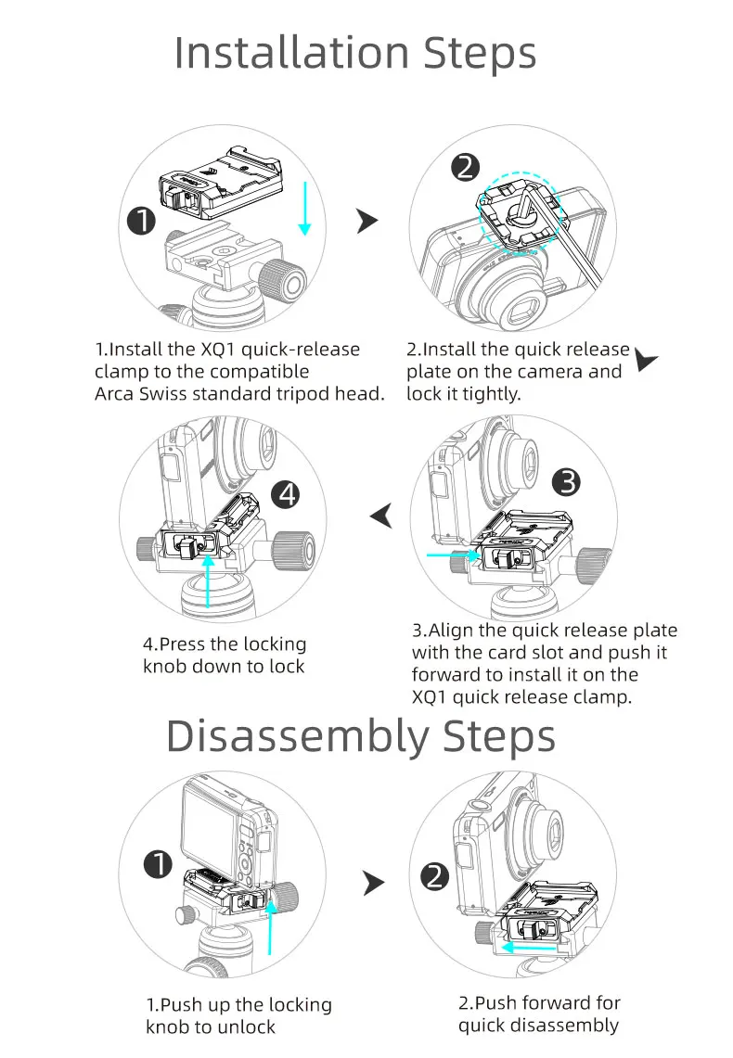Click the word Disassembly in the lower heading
click(296, 737)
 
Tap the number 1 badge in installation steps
click(141, 223)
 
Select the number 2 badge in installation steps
click(465, 167)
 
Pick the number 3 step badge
click(565, 482)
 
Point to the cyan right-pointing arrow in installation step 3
click(450, 555)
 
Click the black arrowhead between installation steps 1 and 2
click(367, 221)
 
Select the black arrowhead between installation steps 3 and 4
click(381, 515)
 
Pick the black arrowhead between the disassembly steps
click(373, 884)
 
